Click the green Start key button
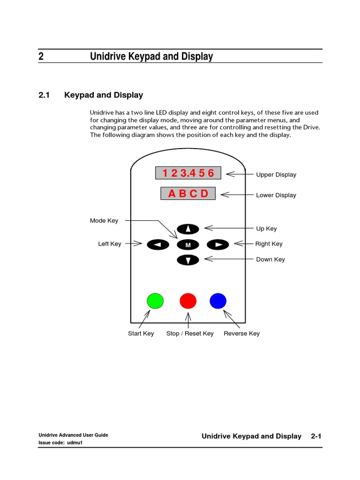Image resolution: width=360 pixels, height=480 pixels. coord(155,300)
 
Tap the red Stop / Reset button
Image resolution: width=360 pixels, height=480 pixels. coord(188,300)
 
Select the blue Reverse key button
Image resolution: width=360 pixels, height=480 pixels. coord(218,300)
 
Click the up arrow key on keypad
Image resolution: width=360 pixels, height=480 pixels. coord(188,229)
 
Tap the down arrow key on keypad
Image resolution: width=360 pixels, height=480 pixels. coord(188,260)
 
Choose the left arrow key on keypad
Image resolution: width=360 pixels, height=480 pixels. coord(158,244)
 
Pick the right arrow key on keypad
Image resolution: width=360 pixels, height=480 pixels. coord(217,244)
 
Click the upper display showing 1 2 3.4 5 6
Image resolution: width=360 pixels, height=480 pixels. coord(187,173)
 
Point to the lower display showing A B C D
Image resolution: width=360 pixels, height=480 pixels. coord(188,194)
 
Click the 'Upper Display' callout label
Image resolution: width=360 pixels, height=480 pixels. coord(276,175)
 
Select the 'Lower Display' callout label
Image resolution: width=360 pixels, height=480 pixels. coord(276,195)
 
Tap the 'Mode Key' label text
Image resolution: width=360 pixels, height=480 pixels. coord(104,221)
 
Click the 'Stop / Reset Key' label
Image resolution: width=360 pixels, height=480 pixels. coord(190,334)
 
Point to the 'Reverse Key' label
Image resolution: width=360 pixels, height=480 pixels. coord(241,334)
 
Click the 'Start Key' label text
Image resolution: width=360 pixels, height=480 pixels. coord(141,334)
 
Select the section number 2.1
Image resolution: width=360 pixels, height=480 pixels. coord(44,95)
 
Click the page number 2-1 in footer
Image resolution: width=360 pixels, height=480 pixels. coord(316,436)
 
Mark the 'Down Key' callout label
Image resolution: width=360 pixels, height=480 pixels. coord(270,260)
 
